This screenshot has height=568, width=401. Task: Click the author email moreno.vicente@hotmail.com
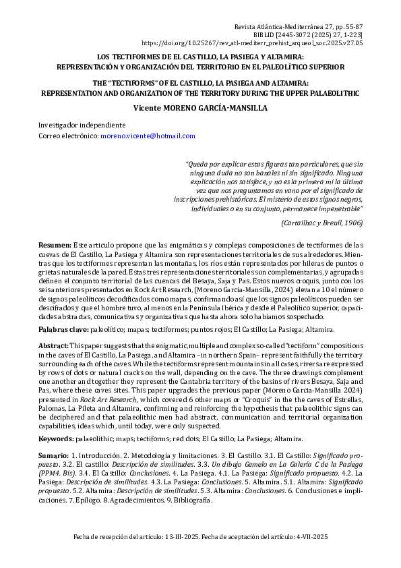(x=148, y=136)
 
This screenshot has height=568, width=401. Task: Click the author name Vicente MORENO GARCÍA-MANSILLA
(x=201, y=107)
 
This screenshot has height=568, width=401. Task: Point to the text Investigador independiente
(x=82, y=125)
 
